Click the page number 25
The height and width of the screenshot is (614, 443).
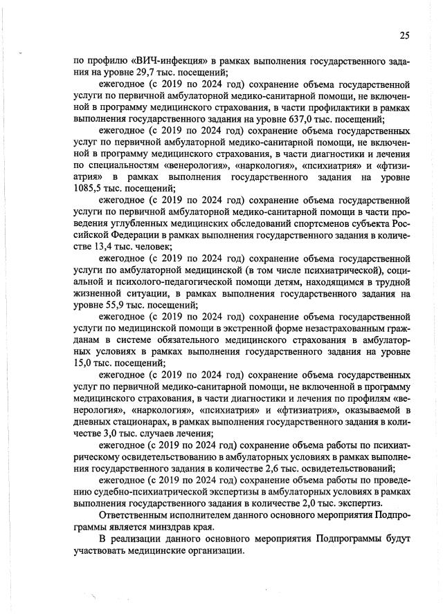click(x=404, y=36)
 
